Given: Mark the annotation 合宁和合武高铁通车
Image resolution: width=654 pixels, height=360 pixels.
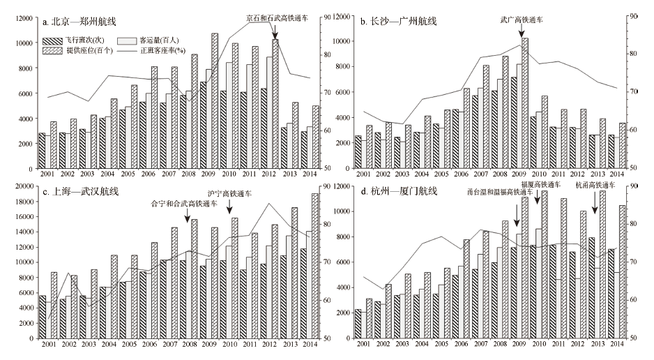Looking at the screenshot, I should point(184,204).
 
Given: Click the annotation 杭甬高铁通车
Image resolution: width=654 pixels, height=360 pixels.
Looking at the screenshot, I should point(595,186).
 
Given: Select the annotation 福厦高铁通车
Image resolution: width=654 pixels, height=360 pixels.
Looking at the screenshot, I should point(538,186).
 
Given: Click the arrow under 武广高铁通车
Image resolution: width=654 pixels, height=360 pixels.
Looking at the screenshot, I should point(524,31).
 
